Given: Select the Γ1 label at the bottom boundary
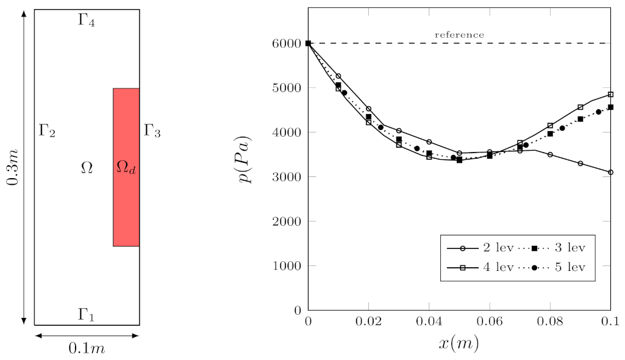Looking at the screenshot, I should click(87, 315).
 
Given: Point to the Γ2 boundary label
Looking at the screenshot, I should click(48, 131).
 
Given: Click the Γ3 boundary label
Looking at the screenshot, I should click(152, 131).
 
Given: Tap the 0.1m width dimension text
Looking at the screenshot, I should click(87, 348).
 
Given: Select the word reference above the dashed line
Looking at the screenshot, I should click(459, 35).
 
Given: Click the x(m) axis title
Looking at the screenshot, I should click(459, 344).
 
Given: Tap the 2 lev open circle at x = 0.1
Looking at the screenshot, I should click(610, 173).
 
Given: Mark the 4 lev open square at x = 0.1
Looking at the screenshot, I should click(610, 95).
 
